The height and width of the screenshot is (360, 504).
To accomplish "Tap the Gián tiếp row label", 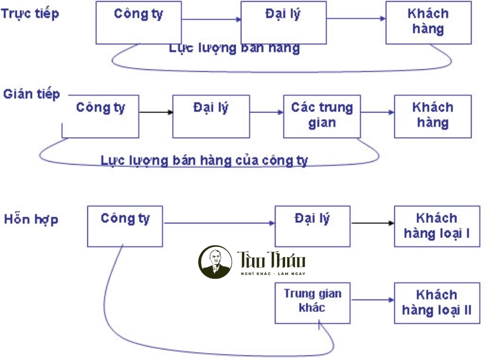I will (31, 93).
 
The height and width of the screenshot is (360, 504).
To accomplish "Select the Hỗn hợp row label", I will (31, 219).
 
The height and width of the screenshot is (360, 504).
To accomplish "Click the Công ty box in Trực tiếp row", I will (138, 23).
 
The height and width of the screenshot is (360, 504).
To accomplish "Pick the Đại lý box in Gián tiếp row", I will (211, 116).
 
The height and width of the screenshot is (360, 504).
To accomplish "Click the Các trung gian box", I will (321, 116).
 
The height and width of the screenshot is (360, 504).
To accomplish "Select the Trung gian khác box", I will (312, 303).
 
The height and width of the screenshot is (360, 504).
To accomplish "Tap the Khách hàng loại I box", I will (437, 226).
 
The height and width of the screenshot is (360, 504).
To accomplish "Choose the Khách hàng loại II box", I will (437, 303).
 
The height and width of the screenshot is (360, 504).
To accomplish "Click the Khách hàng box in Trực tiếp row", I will (428, 23).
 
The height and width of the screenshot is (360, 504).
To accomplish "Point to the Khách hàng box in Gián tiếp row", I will (432, 116).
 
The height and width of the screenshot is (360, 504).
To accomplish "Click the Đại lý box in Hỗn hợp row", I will (312, 226).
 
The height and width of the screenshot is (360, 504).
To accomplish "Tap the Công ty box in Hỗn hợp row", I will (125, 226).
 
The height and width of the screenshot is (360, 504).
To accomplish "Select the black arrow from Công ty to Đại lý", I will (156, 112).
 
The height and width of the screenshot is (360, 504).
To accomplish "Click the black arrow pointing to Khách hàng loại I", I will (372, 223).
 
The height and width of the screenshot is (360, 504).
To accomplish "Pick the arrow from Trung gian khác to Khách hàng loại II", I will (372, 300).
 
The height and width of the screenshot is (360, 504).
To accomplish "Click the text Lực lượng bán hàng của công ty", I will (204, 161).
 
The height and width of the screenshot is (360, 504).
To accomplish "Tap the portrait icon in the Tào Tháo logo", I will (216, 261).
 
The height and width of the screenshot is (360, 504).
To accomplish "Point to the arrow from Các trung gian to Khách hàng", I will (377, 112).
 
